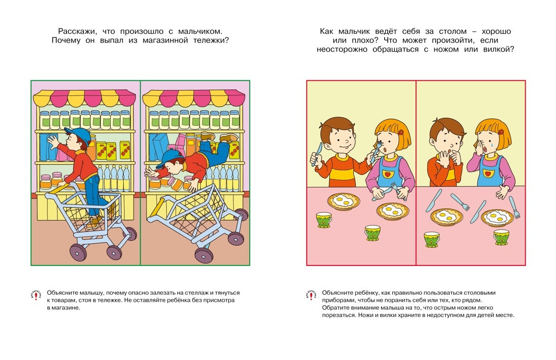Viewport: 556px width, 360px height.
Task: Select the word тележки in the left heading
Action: click(208, 40)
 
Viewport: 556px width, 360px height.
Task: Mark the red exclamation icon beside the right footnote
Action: click(310, 295)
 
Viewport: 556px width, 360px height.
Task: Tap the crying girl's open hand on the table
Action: click(502, 192)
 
